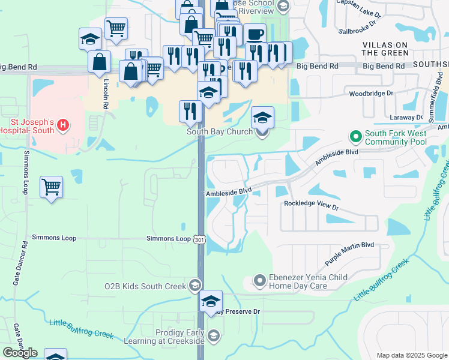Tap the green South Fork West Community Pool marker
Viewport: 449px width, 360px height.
coord(355,137)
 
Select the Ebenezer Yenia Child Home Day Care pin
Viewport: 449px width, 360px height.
coord(260,280)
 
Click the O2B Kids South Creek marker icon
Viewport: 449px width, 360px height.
coord(194,286)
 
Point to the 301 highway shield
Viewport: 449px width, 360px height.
coord(200,239)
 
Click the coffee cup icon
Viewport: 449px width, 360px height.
coord(255,34)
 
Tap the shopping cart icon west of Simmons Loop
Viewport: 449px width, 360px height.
coord(52,187)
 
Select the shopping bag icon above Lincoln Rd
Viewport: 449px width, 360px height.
coord(99,62)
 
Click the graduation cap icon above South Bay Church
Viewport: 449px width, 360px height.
coord(262,117)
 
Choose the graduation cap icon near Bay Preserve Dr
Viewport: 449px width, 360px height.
coord(211,301)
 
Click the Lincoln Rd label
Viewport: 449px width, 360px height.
coord(106,94)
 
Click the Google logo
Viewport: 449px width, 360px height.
coord(20,352)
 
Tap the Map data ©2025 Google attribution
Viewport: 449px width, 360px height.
coord(412,355)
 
